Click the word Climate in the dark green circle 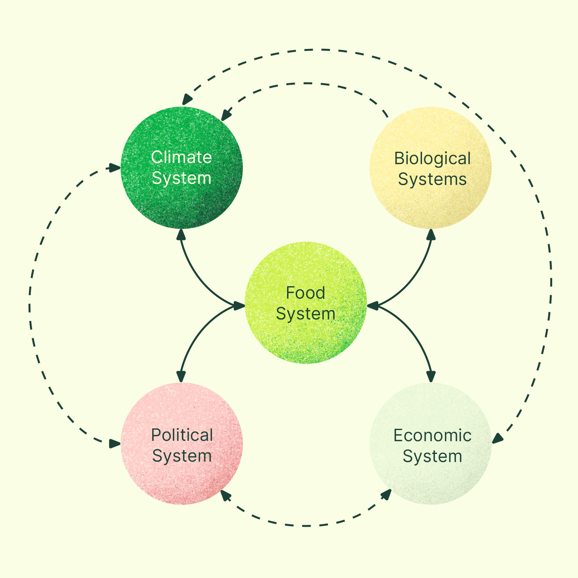tap(181, 157)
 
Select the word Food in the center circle tap(306, 293)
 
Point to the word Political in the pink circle tap(182, 435)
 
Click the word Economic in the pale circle tap(432, 436)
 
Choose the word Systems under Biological tap(432, 180)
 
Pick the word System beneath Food tap(306, 314)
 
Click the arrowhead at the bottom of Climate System tap(181, 234)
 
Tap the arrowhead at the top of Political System tap(181, 376)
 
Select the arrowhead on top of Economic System tap(431, 376)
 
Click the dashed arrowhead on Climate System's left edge tap(115, 168)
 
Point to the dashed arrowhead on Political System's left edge tap(115, 444)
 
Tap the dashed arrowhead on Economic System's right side tap(497, 439)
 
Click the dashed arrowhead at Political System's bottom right tap(225, 495)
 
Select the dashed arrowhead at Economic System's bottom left tap(386, 495)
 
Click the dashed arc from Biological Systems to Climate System tap(304, 83)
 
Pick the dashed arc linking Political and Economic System tap(306, 525)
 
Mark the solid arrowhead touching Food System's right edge tap(373, 306)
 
